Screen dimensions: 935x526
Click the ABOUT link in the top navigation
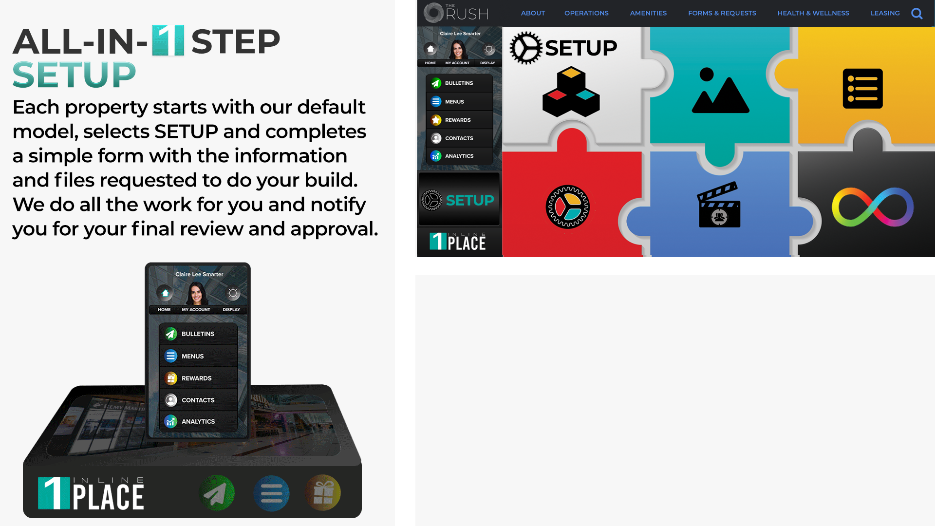pyautogui.click(x=533, y=13)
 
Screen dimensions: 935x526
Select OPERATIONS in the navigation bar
pyautogui.click(x=586, y=13)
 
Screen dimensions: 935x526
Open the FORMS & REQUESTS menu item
pyautogui.click(x=722, y=13)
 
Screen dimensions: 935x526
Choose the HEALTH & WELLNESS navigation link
pyautogui.click(x=813, y=13)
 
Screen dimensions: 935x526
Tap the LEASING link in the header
pyautogui.click(x=885, y=13)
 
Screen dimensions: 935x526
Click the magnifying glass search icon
pyautogui.click(x=917, y=14)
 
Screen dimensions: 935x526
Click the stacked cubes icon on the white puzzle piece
pyautogui.click(x=571, y=92)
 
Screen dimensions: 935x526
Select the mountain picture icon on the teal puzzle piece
pyautogui.click(x=720, y=91)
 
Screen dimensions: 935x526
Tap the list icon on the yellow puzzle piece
pyautogui.click(x=862, y=89)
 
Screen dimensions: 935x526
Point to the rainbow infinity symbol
pyautogui.click(x=873, y=207)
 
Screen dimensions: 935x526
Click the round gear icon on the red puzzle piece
pyautogui.click(x=567, y=207)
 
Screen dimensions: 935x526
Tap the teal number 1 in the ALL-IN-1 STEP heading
pyautogui.click(x=168, y=40)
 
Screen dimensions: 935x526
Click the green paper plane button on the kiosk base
pyautogui.click(x=217, y=493)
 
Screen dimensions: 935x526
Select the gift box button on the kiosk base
pyautogui.click(x=323, y=493)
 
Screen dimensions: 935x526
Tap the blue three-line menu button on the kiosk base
pyautogui.click(x=271, y=493)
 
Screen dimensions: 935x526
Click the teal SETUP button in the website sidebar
pyautogui.click(x=459, y=200)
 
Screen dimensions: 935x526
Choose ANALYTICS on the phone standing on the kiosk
pyautogui.click(x=198, y=421)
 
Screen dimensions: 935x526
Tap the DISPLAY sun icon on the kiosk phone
pyautogui.click(x=233, y=293)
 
